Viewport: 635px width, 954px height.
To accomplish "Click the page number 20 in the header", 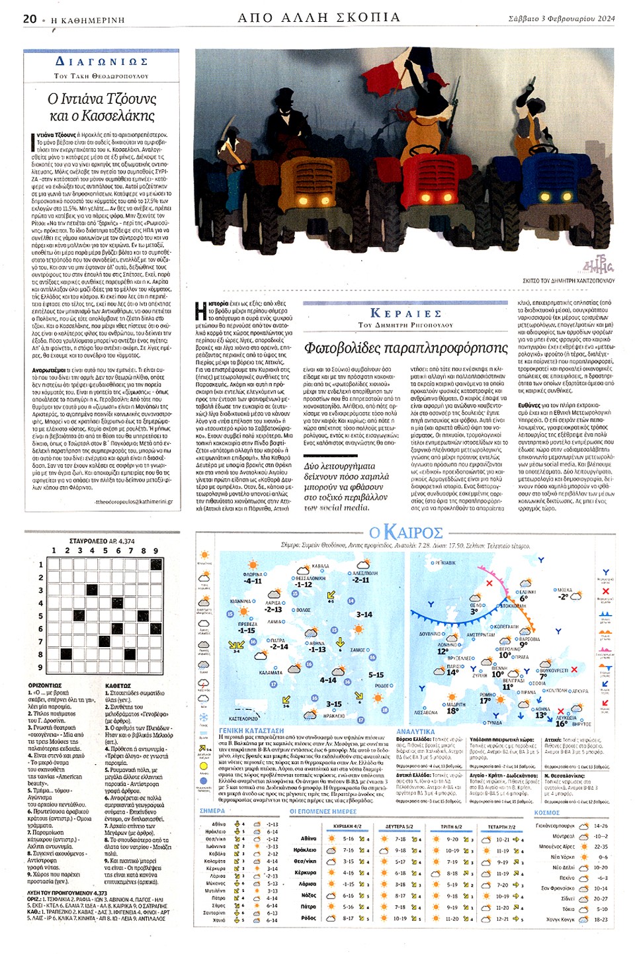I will (30, 19).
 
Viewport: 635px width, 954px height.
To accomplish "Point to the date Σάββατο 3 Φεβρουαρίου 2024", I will (562, 19).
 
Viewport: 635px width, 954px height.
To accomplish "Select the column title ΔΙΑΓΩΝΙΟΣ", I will (101, 62).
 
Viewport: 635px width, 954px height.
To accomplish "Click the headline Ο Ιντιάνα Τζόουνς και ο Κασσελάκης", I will (102, 107).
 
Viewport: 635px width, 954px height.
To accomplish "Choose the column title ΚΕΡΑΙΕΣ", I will (405, 314).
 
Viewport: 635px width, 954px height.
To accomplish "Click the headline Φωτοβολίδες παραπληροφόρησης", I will (405, 348).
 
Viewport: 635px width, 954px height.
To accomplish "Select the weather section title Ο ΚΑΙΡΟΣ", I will (405, 532).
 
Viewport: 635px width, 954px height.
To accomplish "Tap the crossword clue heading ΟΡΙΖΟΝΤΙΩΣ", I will (45, 685).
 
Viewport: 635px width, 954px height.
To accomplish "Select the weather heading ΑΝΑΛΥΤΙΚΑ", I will (415, 731).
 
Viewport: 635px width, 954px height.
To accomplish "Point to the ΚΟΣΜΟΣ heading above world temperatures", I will (547, 812).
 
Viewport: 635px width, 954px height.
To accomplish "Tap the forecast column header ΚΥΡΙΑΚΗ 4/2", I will (347, 826).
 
